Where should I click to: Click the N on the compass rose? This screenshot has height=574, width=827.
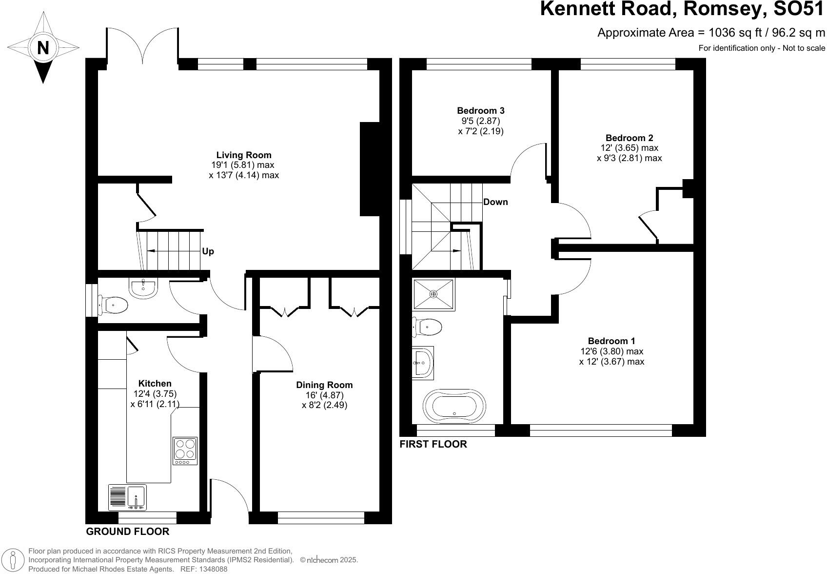pyautogui.click(x=43, y=48)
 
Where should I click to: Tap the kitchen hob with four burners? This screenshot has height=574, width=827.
pyautogui.click(x=185, y=451)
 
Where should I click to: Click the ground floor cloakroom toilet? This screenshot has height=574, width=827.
pyautogui.click(x=114, y=306)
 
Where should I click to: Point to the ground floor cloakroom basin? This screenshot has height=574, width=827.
pyautogui.click(x=143, y=288)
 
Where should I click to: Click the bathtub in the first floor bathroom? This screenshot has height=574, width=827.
pyautogui.click(x=454, y=405)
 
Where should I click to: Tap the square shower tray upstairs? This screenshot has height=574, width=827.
pyautogui.click(x=433, y=294)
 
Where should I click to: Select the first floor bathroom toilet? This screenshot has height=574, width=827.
pyautogui.click(x=427, y=327)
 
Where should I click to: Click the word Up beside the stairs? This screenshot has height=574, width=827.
pyautogui.click(x=208, y=251)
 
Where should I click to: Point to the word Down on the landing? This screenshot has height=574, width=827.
pyautogui.click(x=495, y=202)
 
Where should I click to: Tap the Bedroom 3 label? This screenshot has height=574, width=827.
pyautogui.click(x=477, y=110)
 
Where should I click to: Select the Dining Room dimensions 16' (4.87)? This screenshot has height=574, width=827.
pyautogui.click(x=324, y=395)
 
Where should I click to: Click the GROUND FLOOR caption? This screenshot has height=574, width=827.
pyautogui.click(x=128, y=532)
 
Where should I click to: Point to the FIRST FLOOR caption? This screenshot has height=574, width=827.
pyautogui.click(x=433, y=444)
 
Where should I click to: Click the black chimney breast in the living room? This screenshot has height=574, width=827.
pyautogui.click(x=369, y=169)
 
